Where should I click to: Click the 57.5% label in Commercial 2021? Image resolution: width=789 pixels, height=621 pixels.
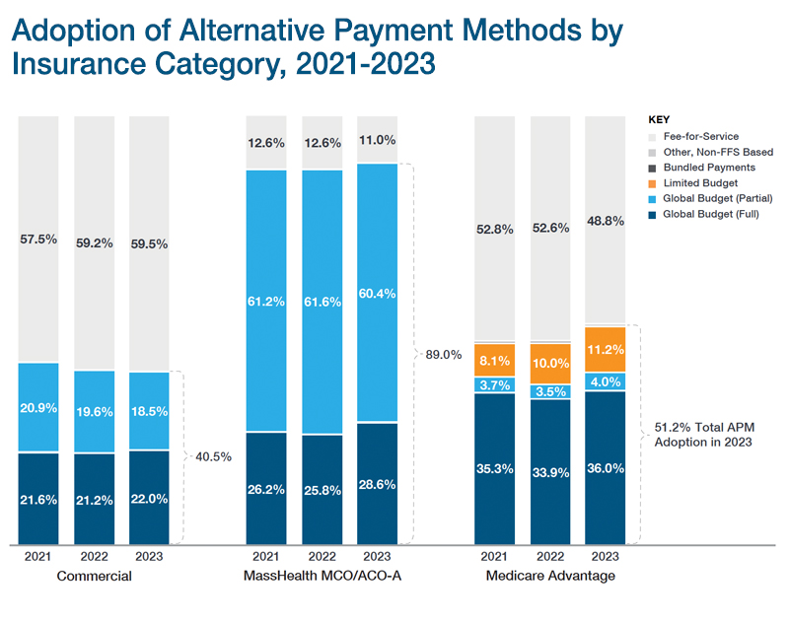38,239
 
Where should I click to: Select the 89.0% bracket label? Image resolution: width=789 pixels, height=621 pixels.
444,354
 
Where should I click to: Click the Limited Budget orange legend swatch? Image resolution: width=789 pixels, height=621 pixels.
653,183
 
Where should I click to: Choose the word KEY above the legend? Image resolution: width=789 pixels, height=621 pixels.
660,119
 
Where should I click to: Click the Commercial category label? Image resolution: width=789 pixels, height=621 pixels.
94,577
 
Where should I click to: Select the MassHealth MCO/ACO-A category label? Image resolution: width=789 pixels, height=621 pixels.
330,577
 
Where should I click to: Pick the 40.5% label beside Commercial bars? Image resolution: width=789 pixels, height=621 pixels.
215,457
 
